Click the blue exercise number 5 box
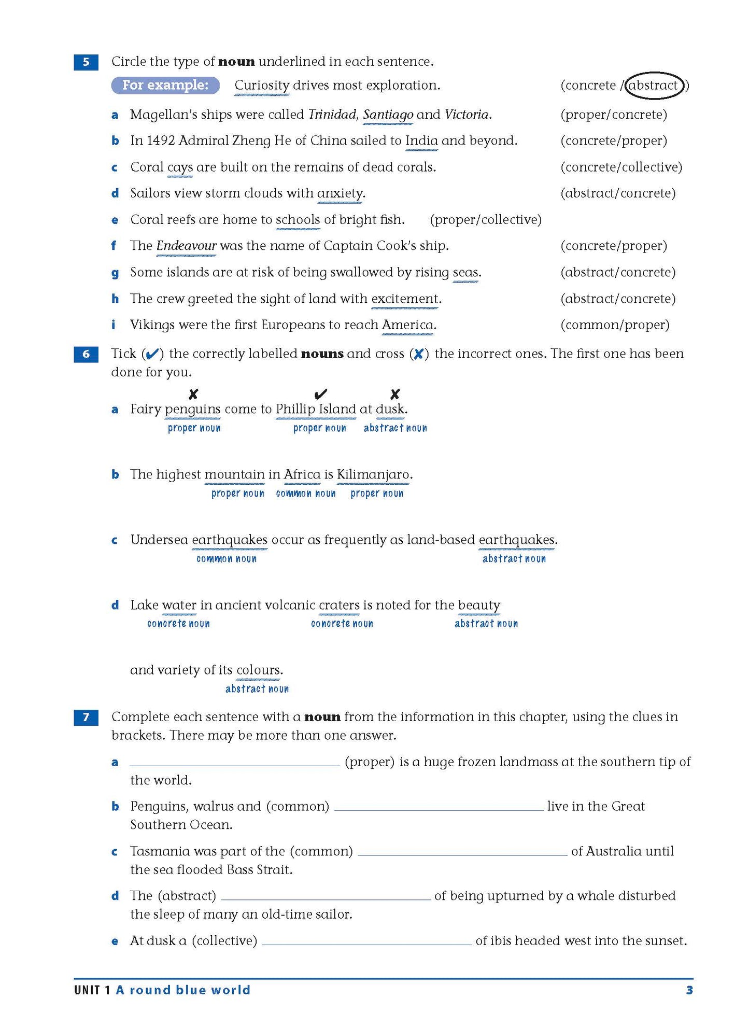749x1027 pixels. tap(86, 62)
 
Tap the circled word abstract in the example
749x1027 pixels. tap(653, 86)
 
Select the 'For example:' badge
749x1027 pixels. tap(165, 85)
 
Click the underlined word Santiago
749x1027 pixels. tap(388, 115)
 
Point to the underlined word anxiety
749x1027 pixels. tap(340, 193)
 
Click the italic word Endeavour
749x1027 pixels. tap(186, 246)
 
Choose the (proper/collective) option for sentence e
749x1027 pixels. tap(486, 220)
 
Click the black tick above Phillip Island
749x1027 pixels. tap(321, 394)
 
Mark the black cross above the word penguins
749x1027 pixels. tap(193, 394)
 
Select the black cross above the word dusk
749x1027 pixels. tap(395, 394)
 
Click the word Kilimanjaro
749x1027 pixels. tap(373, 474)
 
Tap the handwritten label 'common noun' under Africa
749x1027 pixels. tap(306, 494)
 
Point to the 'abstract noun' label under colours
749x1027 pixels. tap(257, 689)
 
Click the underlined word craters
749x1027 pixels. tap(339, 605)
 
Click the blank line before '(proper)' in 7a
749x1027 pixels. tap(235, 762)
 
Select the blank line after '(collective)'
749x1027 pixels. tap(367, 941)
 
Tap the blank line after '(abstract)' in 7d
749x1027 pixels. tap(326, 896)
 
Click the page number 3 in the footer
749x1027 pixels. tap(689, 990)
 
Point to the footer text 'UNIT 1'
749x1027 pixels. tap(92, 990)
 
